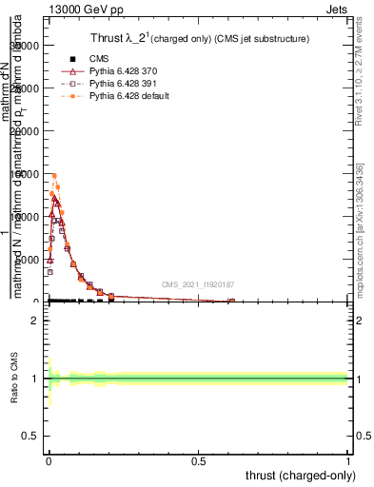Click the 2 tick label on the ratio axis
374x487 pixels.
pyautogui.click(x=34, y=321)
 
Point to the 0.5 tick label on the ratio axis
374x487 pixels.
pyautogui.click(x=30, y=437)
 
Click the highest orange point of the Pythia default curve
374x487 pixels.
pyautogui.click(x=54, y=175)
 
